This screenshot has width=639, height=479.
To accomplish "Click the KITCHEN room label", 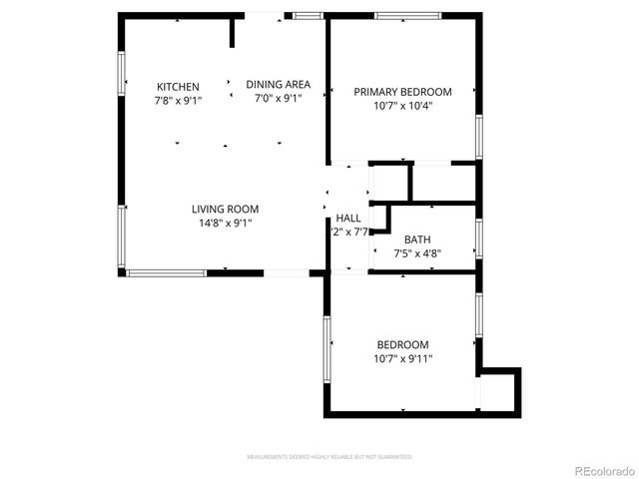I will [x=177, y=87].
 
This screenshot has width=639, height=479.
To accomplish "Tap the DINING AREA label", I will [x=279, y=84].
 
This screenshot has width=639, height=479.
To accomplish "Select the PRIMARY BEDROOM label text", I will [x=402, y=92].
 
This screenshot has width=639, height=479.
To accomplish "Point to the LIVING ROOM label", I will [x=226, y=209].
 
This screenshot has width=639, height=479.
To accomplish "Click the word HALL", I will [x=348, y=218].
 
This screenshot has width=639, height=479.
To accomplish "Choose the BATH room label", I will [x=416, y=239].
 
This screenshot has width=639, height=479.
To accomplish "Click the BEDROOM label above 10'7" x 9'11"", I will [x=402, y=344].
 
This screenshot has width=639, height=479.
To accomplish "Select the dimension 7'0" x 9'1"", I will [x=279, y=98].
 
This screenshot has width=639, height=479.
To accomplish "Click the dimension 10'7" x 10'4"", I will [x=402, y=106].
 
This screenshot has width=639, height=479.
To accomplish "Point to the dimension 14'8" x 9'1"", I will [x=226, y=223].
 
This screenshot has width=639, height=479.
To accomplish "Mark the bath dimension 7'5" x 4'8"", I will [x=416, y=253].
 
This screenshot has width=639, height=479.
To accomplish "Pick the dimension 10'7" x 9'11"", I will [x=402, y=358].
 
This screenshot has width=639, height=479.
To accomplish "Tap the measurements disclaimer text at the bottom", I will [x=329, y=456].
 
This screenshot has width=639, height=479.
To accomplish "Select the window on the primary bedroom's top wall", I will [x=407, y=16].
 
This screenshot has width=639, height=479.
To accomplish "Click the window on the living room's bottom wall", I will [x=166, y=271].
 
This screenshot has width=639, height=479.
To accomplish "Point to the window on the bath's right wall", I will [x=480, y=239].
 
